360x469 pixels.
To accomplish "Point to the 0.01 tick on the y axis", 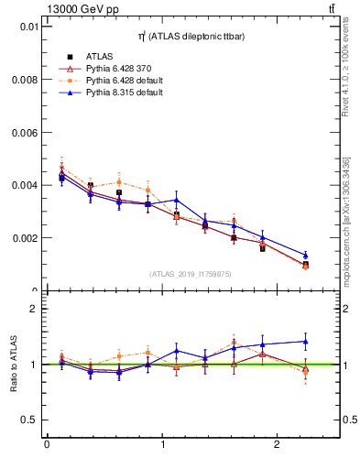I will (x=27, y=27).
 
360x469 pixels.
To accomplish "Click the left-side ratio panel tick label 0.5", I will (x=28, y=420).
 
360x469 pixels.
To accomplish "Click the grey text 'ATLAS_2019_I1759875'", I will (x=191, y=273).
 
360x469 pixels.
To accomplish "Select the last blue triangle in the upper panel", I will (x=305, y=256).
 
